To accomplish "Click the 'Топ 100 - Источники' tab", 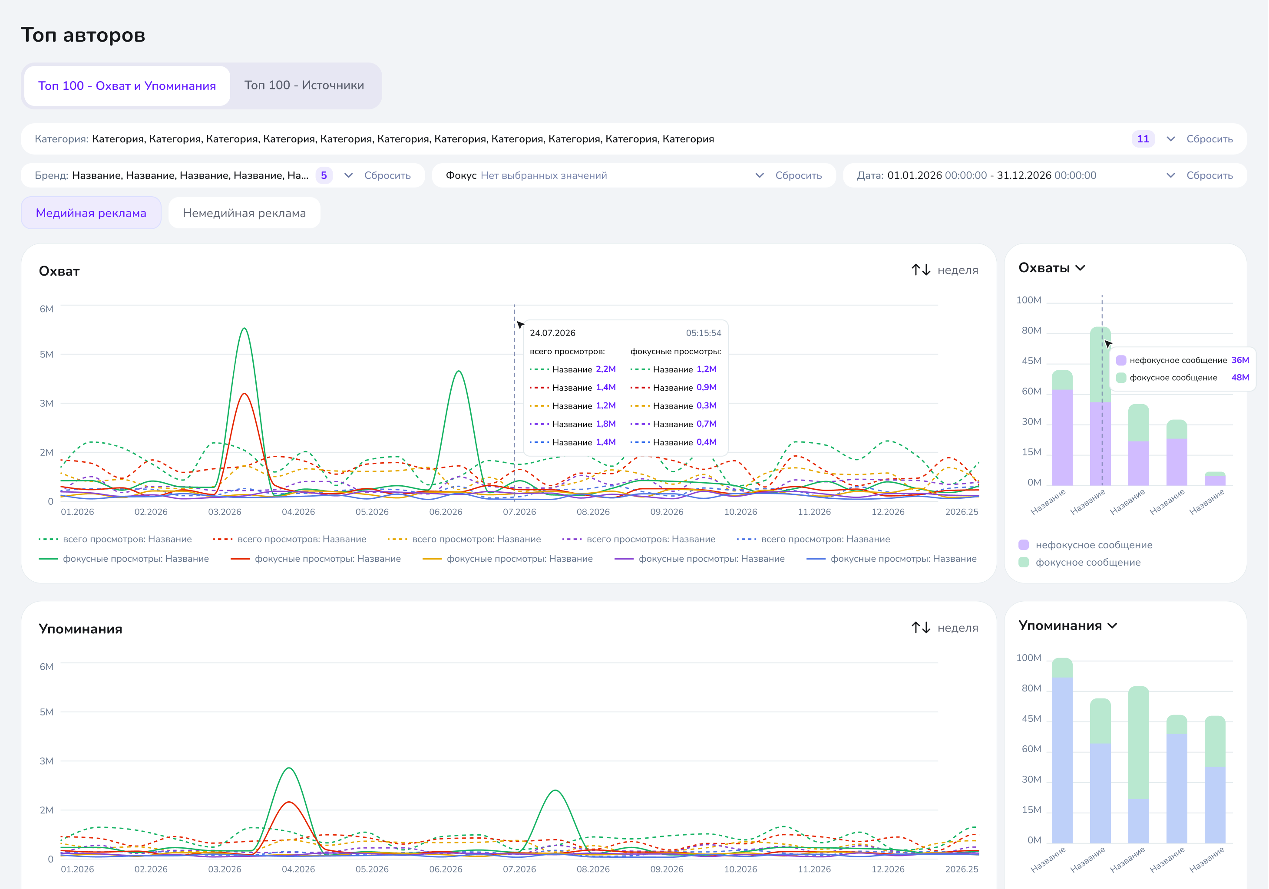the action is click(x=304, y=86).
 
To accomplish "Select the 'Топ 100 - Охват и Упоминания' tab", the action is click(x=127, y=86).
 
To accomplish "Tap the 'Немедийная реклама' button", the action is click(x=245, y=213).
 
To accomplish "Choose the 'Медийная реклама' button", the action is click(x=91, y=213).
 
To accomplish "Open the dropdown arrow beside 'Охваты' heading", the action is click(x=1081, y=269).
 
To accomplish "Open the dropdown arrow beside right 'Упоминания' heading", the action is click(x=1113, y=626).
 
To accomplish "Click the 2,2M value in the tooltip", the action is click(x=606, y=369).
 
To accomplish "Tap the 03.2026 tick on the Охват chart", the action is click(x=225, y=512).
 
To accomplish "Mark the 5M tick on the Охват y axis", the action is click(x=46, y=354).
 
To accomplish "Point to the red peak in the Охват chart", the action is click(x=244, y=394).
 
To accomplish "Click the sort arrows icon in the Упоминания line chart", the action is click(x=921, y=628).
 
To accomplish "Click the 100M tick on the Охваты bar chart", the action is click(x=1028, y=300).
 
